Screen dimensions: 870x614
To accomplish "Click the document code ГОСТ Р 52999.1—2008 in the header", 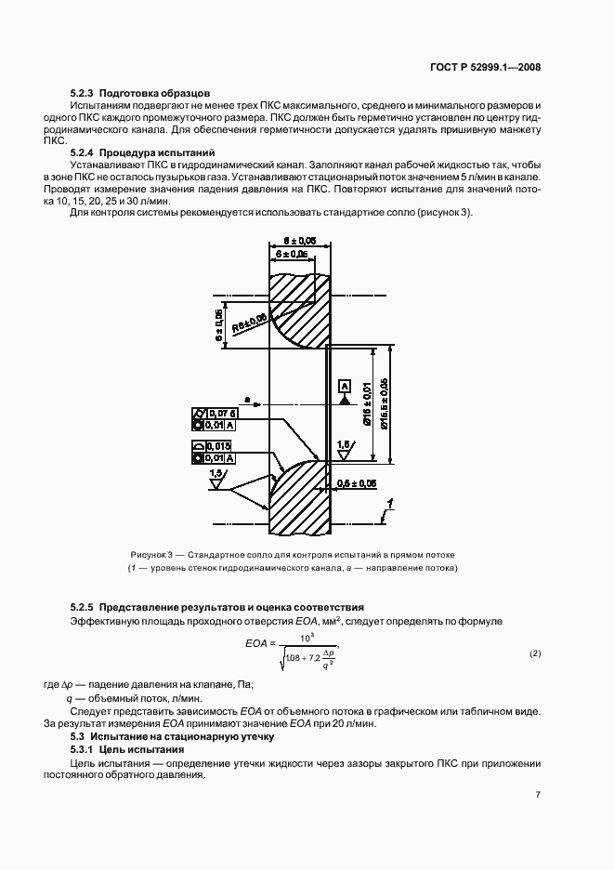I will [499, 67].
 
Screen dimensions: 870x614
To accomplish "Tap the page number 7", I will [538, 794].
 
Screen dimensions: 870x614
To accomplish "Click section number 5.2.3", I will [83, 94].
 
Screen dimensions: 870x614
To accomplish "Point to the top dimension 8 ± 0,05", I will [296, 240].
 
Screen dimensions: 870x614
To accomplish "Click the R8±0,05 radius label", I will [251, 319].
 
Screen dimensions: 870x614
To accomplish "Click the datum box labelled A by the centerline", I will [344, 385].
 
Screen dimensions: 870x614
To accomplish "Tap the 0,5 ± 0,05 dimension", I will [357, 483].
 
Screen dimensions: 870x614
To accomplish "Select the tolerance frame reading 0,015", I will [219, 446].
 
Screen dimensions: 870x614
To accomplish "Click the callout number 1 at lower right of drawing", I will [392, 504].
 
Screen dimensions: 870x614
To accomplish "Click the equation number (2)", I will [534, 654].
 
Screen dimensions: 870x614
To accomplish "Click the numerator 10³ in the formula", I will [307, 636].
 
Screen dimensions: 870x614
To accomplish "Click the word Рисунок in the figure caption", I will [149, 554].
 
